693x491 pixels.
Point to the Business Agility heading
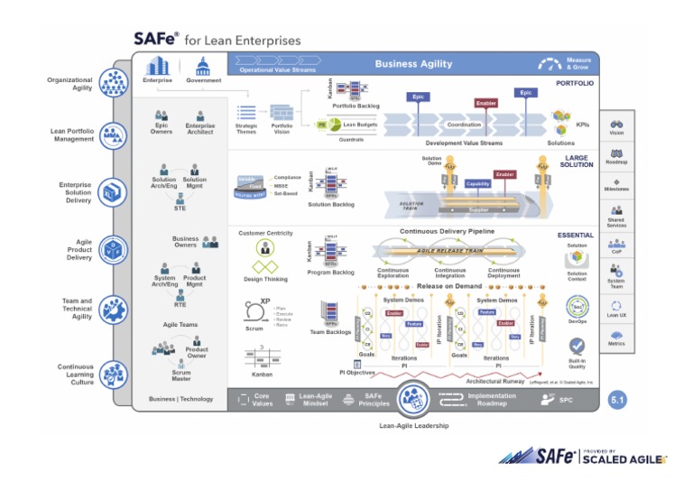click(x=415, y=64)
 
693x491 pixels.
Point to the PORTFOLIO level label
click(x=575, y=83)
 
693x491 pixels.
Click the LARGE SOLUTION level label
click(x=575, y=162)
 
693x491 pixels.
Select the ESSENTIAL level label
click(x=575, y=235)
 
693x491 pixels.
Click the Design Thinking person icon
click(x=265, y=248)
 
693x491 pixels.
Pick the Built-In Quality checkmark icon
click(x=577, y=346)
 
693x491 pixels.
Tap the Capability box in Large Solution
click(x=478, y=183)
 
